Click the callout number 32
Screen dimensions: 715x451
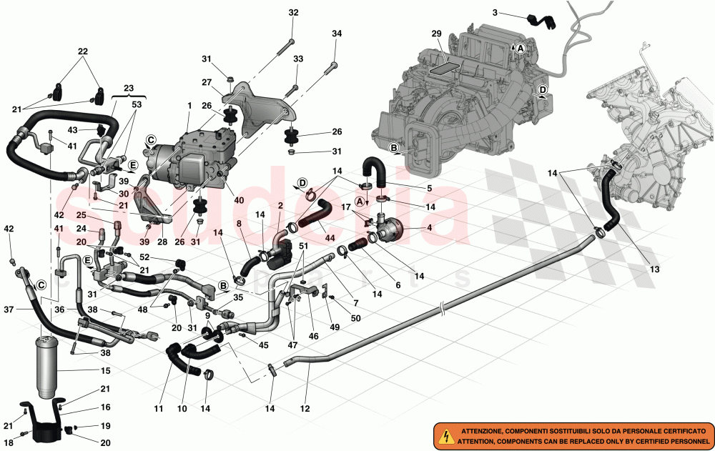tap(293, 12)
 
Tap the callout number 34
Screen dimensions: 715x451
tap(337, 34)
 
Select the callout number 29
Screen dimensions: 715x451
tap(436, 34)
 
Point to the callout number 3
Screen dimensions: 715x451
tap(495, 13)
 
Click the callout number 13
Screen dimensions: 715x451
tap(654, 269)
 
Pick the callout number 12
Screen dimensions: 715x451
tap(305, 409)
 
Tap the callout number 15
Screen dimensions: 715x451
tap(105, 371)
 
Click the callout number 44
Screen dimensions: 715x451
tap(330, 238)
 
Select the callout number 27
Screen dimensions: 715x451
tap(207, 82)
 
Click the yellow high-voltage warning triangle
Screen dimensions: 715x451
tap(443, 437)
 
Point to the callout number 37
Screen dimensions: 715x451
tap(9, 309)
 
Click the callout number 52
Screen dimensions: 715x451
tap(144, 257)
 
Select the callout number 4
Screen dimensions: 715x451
tap(429, 227)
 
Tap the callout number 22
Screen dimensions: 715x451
tap(82, 51)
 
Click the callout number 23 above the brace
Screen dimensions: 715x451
tap(129, 88)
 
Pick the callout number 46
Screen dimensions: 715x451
tap(313, 337)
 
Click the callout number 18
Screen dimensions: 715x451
tap(8, 443)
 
